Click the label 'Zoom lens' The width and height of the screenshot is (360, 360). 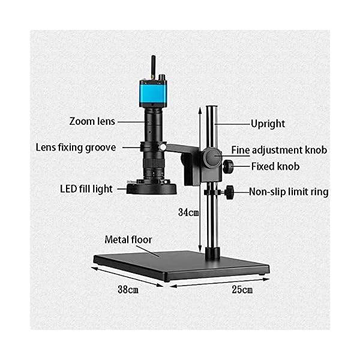coord(92,121)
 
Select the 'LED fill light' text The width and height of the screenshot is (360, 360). coord(86,189)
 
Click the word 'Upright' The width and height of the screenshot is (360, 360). coord(268,124)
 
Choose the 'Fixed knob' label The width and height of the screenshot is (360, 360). coord(275,166)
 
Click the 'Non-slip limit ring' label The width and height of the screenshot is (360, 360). coord(289,193)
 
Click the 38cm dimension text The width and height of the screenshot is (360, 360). coord(128,290)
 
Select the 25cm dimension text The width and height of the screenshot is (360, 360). coord(241,290)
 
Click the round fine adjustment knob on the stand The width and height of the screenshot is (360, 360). coord(212,158)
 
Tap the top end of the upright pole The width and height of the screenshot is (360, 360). coord(211,108)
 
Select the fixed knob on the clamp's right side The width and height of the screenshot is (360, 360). coord(229,166)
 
